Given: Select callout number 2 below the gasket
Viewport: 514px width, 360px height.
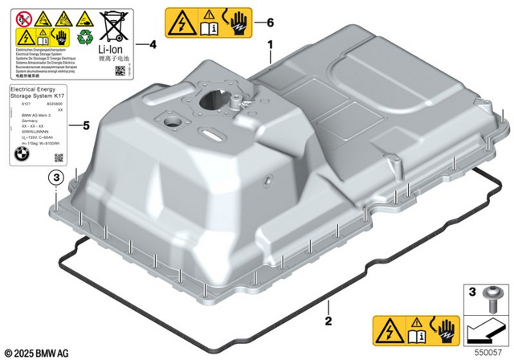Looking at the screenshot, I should (x=328, y=321).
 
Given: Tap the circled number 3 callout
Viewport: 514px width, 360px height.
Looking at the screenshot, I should (x=56, y=177).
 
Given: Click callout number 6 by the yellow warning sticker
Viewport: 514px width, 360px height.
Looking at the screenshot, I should (x=270, y=22).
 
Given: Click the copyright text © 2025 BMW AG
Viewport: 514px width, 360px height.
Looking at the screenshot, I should (x=37, y=352).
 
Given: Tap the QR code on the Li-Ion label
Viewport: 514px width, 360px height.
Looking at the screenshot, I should (x=120, y=72).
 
